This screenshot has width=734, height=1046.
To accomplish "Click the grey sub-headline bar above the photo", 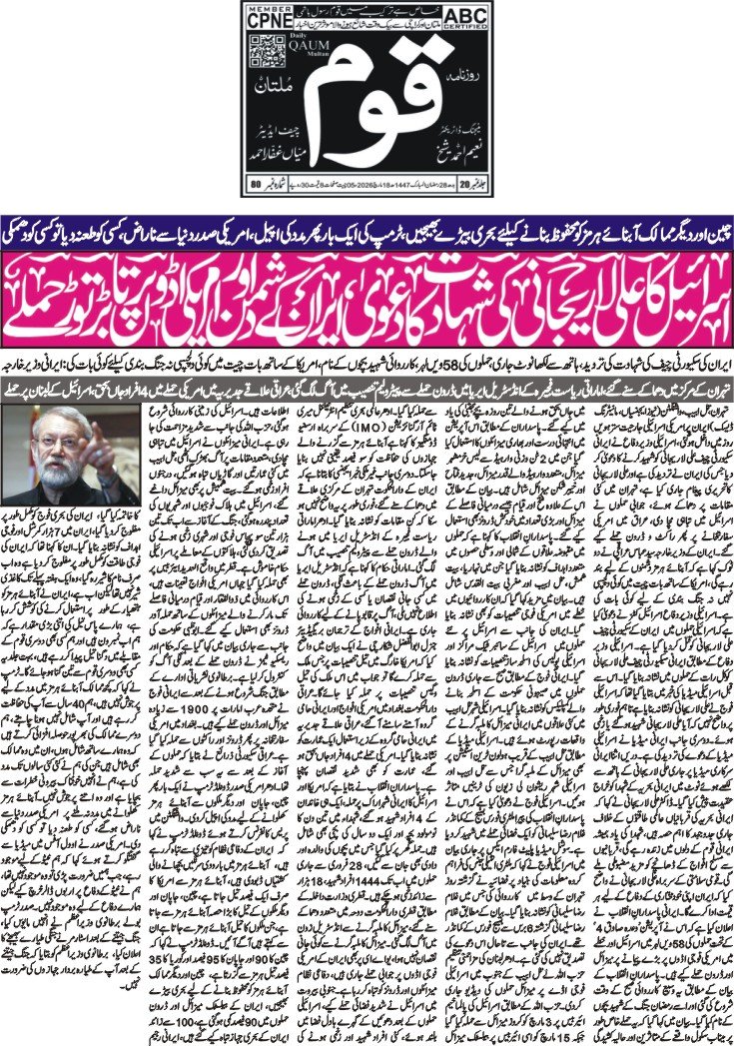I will (x=367, y=381).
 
